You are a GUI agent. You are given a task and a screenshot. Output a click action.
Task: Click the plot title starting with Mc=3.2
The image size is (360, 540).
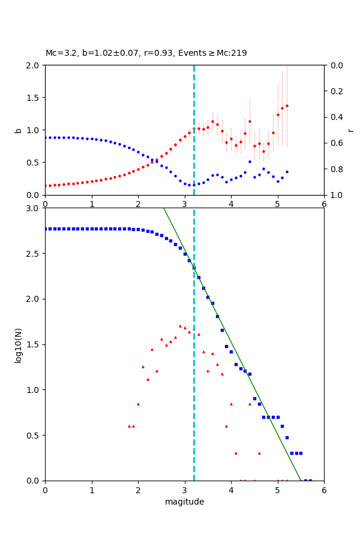146,53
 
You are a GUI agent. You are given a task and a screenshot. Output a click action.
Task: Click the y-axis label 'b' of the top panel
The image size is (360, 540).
19,130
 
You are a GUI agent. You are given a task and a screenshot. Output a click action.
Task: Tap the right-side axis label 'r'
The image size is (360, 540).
350,130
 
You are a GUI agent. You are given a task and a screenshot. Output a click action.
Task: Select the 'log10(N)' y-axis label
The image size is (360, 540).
19,344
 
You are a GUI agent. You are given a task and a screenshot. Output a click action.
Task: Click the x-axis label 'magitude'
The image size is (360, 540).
184,502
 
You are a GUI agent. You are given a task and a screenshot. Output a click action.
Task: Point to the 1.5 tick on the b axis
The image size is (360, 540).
32,98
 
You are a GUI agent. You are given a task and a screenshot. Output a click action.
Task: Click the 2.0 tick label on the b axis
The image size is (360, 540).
32,65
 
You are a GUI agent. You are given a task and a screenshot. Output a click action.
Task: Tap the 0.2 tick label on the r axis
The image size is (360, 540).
336,91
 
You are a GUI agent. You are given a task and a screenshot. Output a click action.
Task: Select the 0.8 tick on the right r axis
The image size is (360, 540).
336,169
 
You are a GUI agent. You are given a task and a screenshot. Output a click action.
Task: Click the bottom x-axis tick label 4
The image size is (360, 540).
231,490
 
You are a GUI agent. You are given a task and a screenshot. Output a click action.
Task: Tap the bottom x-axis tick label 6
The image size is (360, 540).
324,490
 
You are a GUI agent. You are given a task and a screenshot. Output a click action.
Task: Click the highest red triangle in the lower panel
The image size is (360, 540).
180,326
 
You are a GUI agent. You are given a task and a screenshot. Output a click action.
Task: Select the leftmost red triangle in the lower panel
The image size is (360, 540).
128,426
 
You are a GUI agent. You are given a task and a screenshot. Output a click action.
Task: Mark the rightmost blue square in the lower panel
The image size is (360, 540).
310,480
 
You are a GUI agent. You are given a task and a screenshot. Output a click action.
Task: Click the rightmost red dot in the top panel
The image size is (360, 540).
287,106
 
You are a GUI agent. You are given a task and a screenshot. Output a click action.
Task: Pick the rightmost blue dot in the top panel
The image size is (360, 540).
287,172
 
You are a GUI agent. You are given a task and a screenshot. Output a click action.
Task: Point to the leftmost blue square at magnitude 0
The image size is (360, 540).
46,229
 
